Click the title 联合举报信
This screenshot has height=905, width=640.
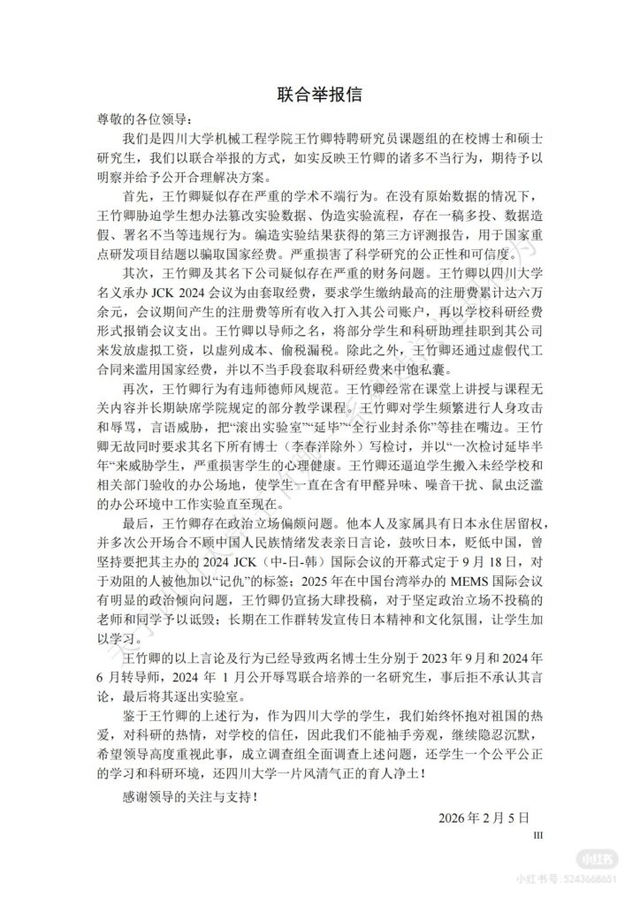point(319,93)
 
